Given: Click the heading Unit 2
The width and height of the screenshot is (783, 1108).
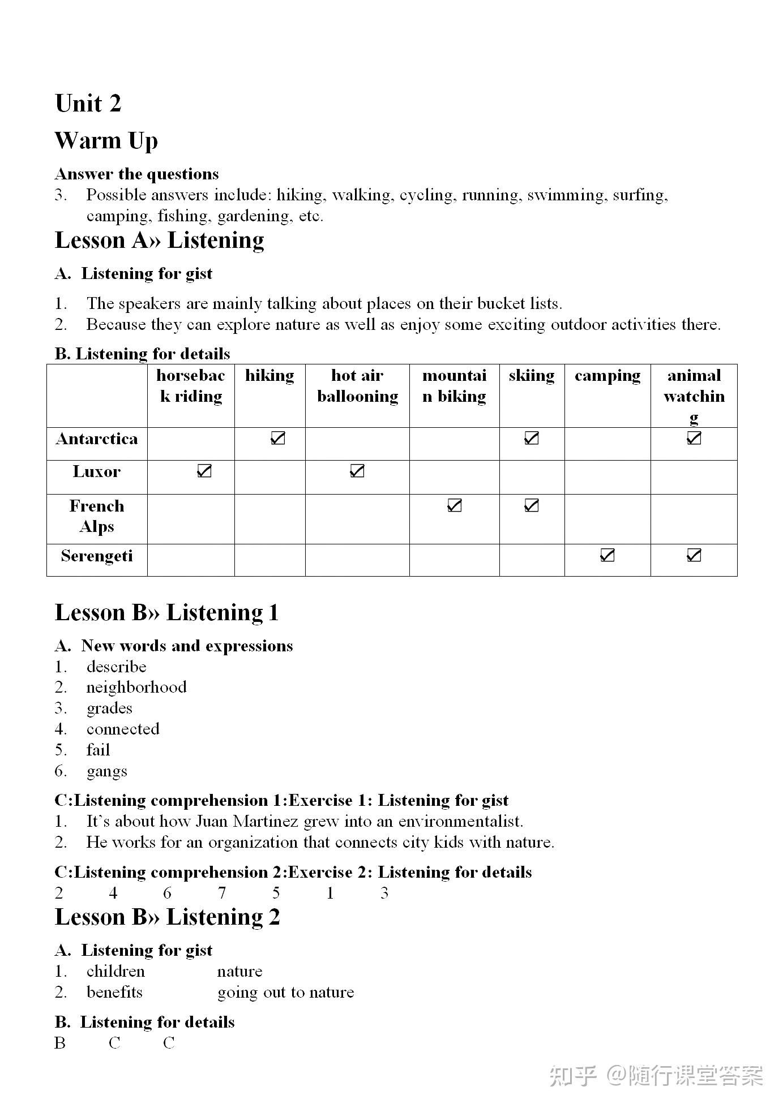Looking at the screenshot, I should tap(88, 104).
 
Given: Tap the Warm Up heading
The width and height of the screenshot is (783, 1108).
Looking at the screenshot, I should tap(106, 141).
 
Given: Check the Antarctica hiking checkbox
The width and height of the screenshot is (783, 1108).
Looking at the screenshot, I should tap(277, 438).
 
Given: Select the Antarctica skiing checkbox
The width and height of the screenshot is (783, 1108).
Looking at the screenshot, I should tap(531, 438).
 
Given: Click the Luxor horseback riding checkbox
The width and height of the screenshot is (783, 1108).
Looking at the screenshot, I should tap(204, 471).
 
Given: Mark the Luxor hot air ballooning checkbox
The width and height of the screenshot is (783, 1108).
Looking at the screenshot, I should tap(357, 471).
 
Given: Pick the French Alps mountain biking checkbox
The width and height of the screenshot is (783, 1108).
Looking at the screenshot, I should tap(454, 505).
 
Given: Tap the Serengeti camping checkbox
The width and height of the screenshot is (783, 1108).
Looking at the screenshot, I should tap(607, 555).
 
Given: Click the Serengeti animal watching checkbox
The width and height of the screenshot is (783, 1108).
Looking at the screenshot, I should tap(694, 555).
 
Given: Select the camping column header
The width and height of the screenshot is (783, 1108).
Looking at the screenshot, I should tap(607, 376).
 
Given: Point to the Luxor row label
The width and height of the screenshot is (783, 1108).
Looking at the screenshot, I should tap(97, 472).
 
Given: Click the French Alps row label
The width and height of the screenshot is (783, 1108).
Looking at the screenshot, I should tap(97, 516).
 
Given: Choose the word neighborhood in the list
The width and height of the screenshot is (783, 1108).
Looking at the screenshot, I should tap(136, 687).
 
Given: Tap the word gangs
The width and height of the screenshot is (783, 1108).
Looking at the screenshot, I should tap(106, 771).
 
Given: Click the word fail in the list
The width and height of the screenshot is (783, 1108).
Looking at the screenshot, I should tap(98, 750).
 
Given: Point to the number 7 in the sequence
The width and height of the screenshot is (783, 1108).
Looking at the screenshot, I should tap(222, 893).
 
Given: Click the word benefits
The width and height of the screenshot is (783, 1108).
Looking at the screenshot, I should tap(114, 992).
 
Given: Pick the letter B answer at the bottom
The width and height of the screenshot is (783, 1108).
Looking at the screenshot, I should tap(60, 1042).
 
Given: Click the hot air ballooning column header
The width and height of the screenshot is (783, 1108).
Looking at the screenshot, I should tap(357, 386).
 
